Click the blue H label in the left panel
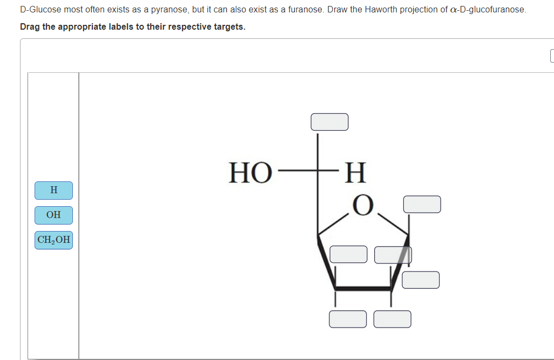click(x=53, y=190)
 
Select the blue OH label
click(x=53, y=215)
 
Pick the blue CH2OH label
click(x=53, y=240)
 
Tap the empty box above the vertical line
click(x=329, y=121)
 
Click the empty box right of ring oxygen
click(x=422, y=204)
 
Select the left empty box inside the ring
click(x=348, y=254)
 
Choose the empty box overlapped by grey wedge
click(x=393, y=255)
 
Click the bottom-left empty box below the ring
click(x=348, y=318)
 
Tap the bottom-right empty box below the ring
click(x=393, y=318)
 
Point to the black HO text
click(x=250, y=173)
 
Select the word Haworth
click(x=367, y=10)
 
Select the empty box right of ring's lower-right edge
click(x=421, y=280)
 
